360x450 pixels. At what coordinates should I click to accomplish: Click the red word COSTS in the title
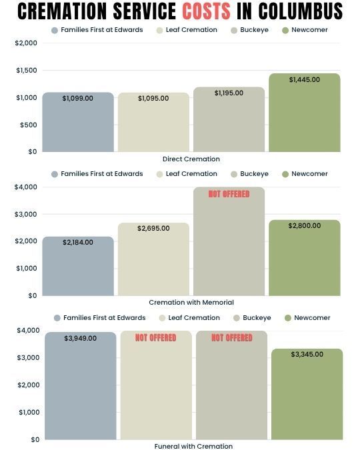[206, 11]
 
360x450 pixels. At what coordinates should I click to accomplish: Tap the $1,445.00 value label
[304, 79]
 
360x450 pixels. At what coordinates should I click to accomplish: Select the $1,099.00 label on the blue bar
[77, 98]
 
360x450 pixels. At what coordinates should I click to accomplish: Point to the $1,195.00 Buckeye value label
[229, 93]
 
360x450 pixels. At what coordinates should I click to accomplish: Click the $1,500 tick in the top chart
[27, 70]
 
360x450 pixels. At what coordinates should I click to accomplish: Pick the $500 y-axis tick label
[29, 125]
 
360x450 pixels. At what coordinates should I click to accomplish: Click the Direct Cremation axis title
[191, 159]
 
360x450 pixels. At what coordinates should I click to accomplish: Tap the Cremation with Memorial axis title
[191, 303]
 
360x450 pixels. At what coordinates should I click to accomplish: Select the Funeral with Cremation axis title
[193, 446]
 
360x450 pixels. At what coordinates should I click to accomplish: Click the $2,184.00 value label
[78, 242]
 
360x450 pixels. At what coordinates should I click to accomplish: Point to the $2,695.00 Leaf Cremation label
[153, 228]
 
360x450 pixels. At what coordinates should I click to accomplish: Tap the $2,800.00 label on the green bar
[304, 225]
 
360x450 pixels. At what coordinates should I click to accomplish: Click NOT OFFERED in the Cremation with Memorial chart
[229, 194]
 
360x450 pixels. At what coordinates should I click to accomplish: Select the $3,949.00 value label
[81, 339]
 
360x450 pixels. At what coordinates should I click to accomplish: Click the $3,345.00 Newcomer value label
[307, 354]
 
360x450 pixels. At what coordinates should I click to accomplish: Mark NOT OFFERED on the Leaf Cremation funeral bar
[155, 338]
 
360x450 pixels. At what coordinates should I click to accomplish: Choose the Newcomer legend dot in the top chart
[285, 31]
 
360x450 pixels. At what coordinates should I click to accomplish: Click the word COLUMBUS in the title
[300, 11]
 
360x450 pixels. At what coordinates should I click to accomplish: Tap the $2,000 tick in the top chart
[26, 43]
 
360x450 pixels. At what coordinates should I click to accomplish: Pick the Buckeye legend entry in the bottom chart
[252, 318]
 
